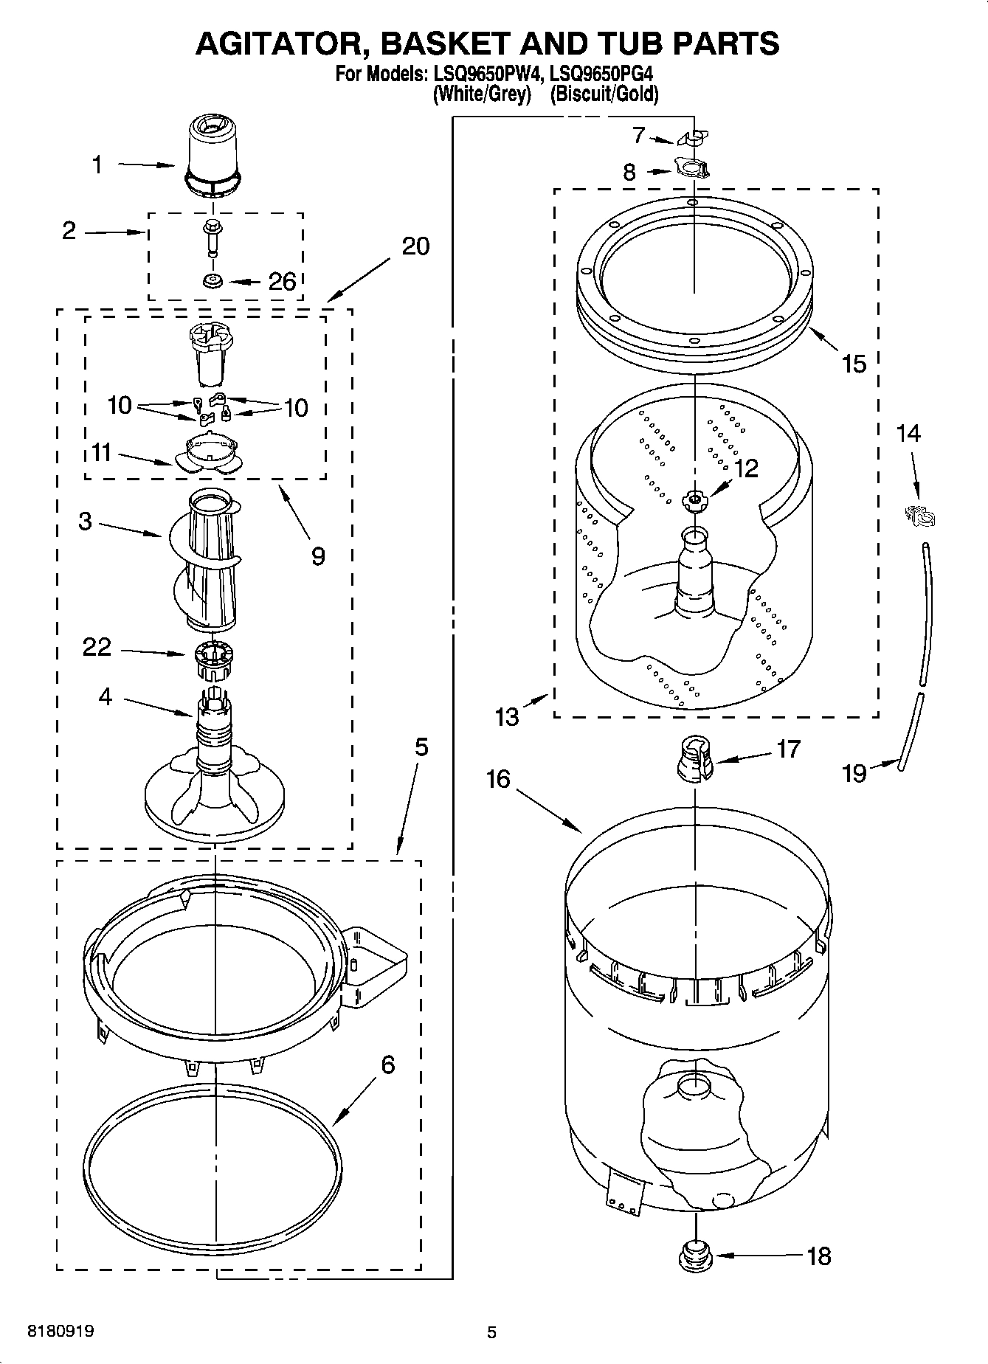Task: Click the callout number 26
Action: tap(283, 282)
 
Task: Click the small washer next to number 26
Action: tap(213, 281)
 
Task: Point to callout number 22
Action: tap(97, 647)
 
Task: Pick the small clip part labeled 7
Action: tap(692, 138)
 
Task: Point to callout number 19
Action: tap(854, 773)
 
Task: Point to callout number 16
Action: tap(499, 778)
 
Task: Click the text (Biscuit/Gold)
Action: tap(604, 94)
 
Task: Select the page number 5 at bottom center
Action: tap(491, 1332)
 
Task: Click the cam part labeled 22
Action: tap(213, 660)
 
